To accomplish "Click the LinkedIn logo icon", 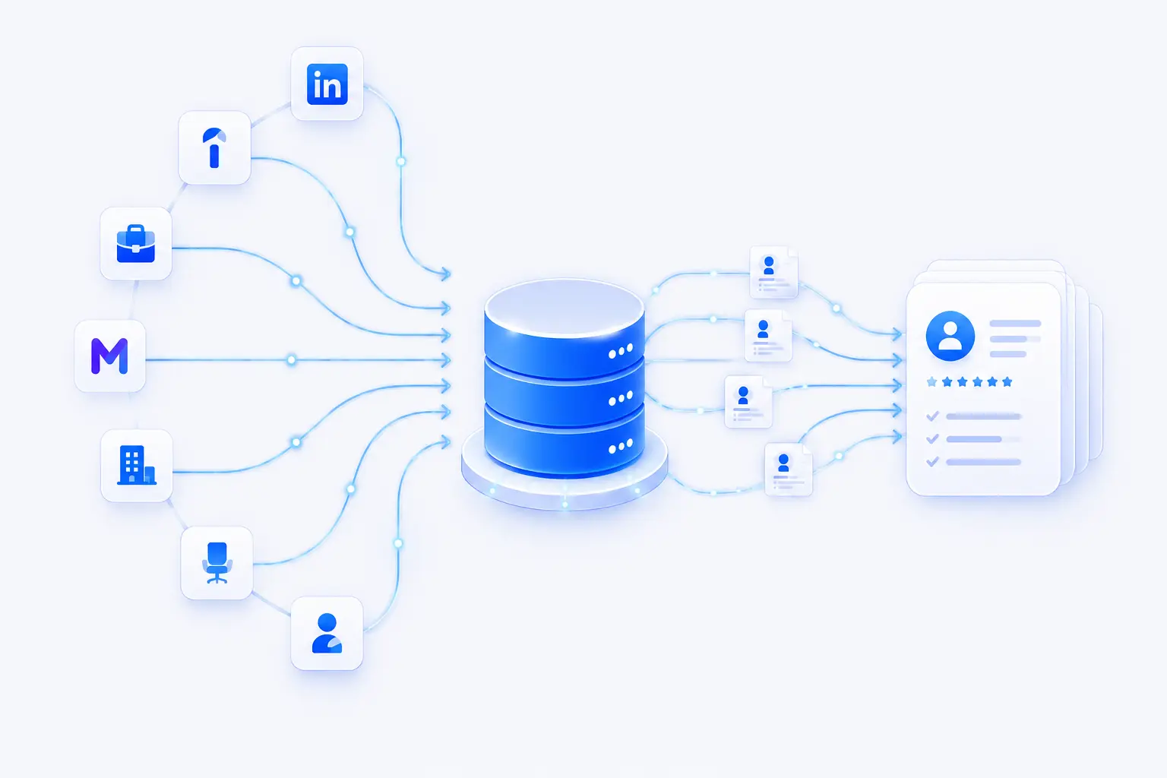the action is (x=327, y=84).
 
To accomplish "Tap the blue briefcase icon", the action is (x=136, y=244).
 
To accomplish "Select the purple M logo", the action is (x=109, y=356).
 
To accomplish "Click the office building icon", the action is (x=137, y=465).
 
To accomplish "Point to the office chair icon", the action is (x=217, y=563).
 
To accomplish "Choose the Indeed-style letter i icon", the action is (x=214, y=148).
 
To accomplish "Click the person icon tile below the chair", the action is (x=327, y=633).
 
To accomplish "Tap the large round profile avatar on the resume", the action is (x=950, y=336).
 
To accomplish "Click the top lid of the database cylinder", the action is (x=565, y=308).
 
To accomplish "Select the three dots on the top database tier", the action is (x=621, y=351).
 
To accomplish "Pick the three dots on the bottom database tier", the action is (x=621, y=447).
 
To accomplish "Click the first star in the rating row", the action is (x=932, y=382).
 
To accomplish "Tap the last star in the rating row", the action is (x=1007, y=382).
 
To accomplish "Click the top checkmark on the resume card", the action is (x=932, y=416).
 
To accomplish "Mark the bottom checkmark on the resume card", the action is (x=932, y=462).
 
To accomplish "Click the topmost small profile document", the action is (x=773, y=272).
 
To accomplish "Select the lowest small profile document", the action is (x=788, y=470).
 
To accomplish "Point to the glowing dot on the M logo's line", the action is (x=292, y=360).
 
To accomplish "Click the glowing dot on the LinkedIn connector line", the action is (x=400, y=162).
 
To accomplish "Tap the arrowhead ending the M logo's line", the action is (x=446, y=360).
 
